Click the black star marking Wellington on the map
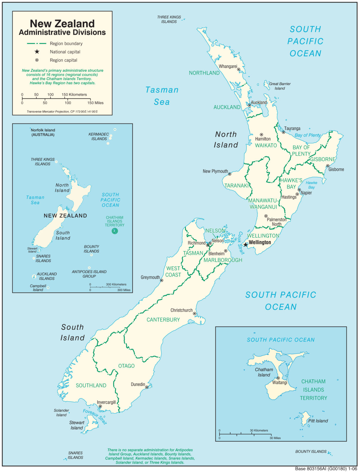click(x=245, y=244)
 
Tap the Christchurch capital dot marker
click(x=194, y=313)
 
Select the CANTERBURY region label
click(x=163, y=320)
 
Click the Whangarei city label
click(x=228, y=66)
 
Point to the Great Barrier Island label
click(x=280, y=86)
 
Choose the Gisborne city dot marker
click(x=328, y=166)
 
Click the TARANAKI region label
click(x=236, y=186)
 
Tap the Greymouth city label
click(x=150, y=277)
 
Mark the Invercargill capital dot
click(x=100, y=406)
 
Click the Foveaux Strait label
click(x=95, y=417)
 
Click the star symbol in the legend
click(x=37, y=52)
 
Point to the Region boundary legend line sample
click(x=37, y=43)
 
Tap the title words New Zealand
click(x=62, y=24)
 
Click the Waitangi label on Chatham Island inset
click(x=280, y=383)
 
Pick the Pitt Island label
click(x=318, y=421)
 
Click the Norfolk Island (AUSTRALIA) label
click(x=43, y=132)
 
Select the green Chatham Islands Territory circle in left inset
click(x=114, y=231)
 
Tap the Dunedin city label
click(x=138, y=384)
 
